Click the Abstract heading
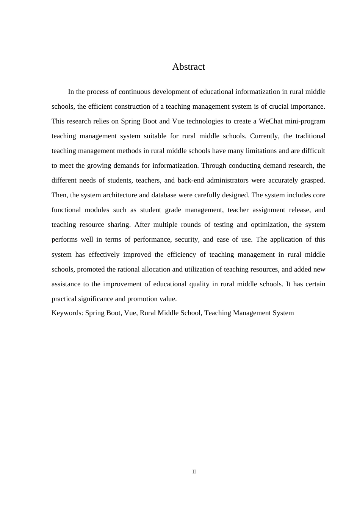pyautogui.click(x=188, y=67)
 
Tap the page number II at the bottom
pyautogui.click(x=194, y=472)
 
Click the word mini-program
pyautogui.click(x=307, y=121)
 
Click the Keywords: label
pyautogui.click(x=67, y=313)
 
